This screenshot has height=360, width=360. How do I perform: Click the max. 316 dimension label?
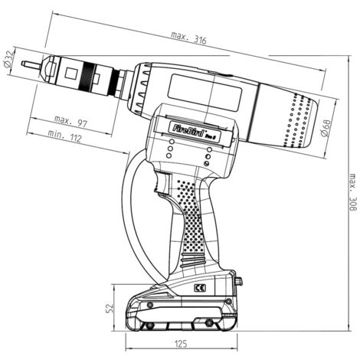coord(188,38)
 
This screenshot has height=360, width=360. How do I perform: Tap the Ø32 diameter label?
coord(8,59)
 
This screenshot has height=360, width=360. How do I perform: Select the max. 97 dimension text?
coord(70,122)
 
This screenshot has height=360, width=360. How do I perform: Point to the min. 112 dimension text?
coord(64,136)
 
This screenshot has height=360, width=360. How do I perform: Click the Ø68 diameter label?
coord(326,127)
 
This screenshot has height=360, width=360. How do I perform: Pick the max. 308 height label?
coord(352,192)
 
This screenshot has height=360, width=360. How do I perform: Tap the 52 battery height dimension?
coord(109,308)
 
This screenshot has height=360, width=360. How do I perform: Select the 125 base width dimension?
coord(181,344)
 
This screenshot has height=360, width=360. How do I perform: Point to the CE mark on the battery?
coord(200,288)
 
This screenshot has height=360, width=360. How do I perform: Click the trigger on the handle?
coord(162,182)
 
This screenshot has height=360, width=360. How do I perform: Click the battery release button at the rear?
coord(240,281)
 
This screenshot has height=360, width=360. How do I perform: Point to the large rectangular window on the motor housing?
coord(205,93)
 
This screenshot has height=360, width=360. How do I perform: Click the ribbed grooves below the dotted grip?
coord(193,261)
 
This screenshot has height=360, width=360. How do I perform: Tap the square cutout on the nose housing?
coord(70,74)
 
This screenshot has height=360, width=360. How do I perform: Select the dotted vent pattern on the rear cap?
coord(298,120)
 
